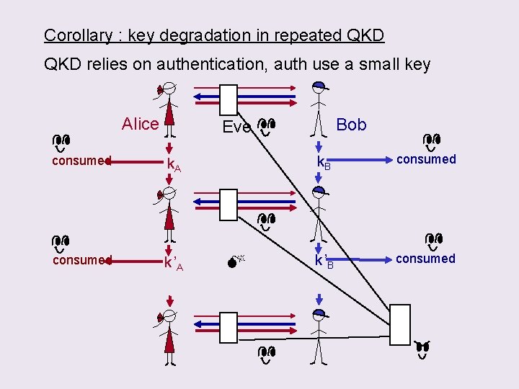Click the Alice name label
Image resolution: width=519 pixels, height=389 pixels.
click(x=140, y=124)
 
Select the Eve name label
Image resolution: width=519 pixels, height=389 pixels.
click(x=236, y=128)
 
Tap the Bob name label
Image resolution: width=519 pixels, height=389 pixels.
click(x=351, y=125)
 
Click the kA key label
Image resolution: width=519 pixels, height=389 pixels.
click(x=174, y=165)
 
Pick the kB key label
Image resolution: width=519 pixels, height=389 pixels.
click(x=324, y=164)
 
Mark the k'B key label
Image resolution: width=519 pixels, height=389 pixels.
click(x=324, y=261)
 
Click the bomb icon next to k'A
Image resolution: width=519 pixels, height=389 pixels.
click(x=234, y=263)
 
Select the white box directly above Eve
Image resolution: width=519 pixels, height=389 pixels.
click(x=229, y=99)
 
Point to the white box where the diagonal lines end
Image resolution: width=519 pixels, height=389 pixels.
click(x=399, y=325)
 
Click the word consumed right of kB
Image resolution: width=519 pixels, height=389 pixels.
click(x=426, y=159)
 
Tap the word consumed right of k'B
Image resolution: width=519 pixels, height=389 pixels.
click(x=425, y=259)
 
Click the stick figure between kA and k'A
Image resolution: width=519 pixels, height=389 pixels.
click(x=169, y=214)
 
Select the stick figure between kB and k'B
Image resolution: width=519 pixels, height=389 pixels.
click(x=318, y=213)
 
